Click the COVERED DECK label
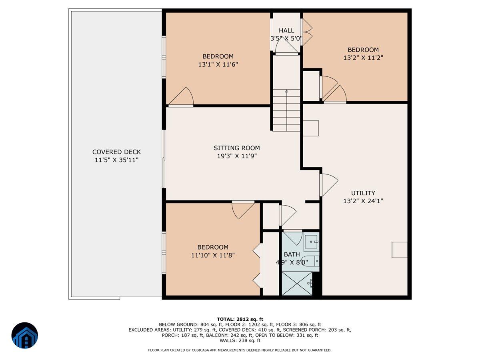point(116,152)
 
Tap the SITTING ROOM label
point(236,148)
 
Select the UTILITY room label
point(363,193)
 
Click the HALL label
point(286,30)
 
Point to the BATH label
point(292,254)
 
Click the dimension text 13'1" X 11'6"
point(218,64)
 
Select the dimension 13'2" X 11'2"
point(363,58)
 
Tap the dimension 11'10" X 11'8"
point(212,255)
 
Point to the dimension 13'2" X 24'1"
point(363,201)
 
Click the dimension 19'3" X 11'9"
point(236,156)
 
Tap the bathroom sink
point(312,242)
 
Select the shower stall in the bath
point(297,284)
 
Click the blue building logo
point(25,335)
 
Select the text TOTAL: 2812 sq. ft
point(240,319)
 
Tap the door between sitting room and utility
point(328,184)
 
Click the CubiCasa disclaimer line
point(240,350)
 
